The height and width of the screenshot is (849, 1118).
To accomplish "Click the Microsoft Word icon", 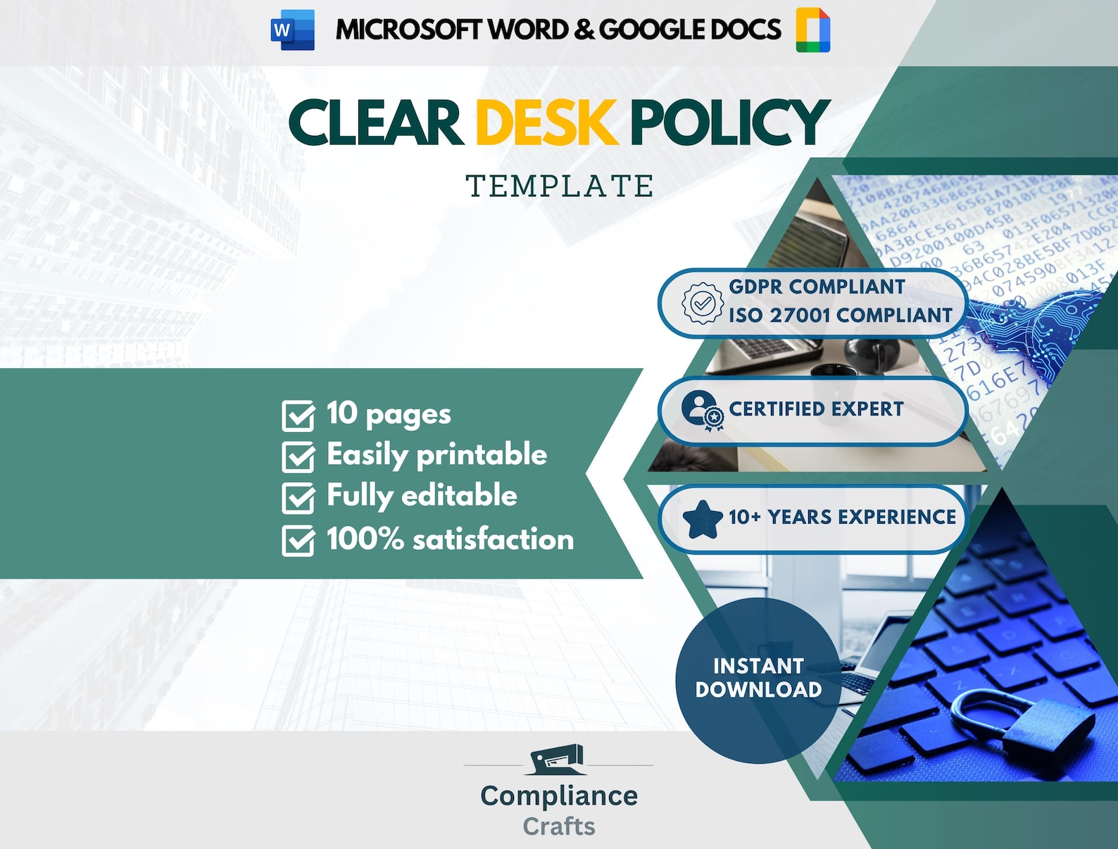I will [x=292, y=30].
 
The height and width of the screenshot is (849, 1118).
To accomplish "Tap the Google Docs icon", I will [x=813, y=30].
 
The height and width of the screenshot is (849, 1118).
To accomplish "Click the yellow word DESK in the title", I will [x=546, y=122].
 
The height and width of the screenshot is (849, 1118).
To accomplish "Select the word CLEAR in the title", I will [x=375, y=122].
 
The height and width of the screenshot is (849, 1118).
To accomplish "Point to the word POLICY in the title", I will [x=729, y=122].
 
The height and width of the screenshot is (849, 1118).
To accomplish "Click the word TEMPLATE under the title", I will [x=560, y=187].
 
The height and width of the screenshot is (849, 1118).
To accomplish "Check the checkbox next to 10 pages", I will [x=299, y=415].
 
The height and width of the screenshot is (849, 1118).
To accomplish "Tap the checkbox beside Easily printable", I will [x=299, y=457].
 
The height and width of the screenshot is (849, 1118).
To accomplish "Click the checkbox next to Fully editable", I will [x=299, y=498].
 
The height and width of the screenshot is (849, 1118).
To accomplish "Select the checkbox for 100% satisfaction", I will [x=299, y=541].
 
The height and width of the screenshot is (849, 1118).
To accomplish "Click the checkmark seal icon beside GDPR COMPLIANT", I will [x=702, y=303].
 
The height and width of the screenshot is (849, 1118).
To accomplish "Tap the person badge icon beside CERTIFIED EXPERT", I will [x=701, y=410].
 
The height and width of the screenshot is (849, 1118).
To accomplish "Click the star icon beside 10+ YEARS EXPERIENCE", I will [x=702, y=520].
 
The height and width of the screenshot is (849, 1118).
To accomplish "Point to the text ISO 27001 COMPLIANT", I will [x=840, y=315].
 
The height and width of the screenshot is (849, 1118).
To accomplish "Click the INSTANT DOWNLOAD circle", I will [x=758, y=679].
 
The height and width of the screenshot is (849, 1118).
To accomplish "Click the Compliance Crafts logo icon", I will [x=558, y=760].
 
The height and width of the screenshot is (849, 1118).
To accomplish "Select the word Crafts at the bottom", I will [x=559, y=826].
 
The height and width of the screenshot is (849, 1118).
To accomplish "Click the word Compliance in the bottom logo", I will [x=559, y=796].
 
